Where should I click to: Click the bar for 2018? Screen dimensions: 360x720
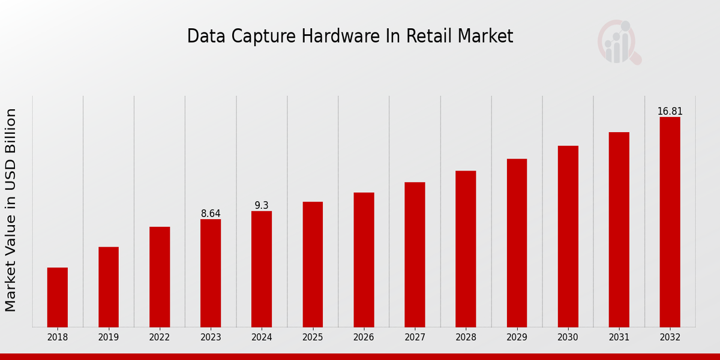58,297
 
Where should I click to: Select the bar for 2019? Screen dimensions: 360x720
109,287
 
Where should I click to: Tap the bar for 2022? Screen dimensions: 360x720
160,277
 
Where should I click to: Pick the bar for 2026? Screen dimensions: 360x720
364,260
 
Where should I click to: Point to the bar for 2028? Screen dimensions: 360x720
466,249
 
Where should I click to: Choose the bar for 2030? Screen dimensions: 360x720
568,236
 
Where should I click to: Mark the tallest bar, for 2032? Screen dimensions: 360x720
670,222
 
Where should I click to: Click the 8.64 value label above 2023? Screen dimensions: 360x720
211,214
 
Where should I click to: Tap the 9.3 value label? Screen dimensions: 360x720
262,206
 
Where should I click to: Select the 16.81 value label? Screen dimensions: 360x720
670,112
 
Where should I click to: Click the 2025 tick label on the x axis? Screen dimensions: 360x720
313,338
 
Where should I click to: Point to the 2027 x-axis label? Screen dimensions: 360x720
415,338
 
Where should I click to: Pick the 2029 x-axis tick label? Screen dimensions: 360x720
517,338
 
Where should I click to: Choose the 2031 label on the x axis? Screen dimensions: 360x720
619,338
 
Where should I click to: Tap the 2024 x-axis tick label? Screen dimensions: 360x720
262,338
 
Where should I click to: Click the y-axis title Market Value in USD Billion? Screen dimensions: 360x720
11,210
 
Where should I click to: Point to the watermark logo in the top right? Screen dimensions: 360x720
619,42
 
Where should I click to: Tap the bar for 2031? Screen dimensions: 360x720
619,229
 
